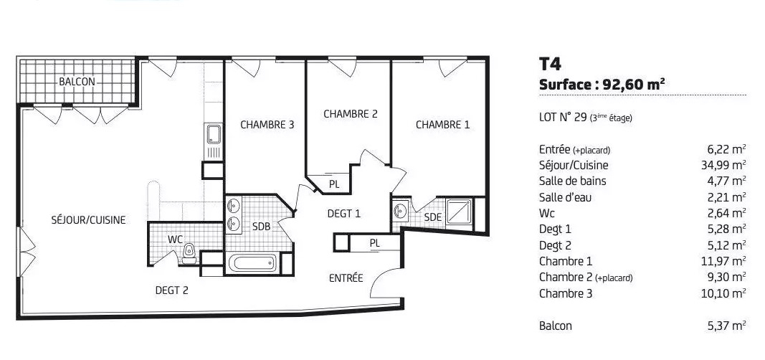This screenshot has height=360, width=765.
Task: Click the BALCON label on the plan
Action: [x=77, y=82]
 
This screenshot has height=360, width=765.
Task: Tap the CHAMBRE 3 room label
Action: [x=267, y=124]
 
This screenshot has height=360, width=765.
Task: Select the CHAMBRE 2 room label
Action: [x=351, y=113]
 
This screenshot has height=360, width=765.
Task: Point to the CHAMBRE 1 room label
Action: [x=442, y=124]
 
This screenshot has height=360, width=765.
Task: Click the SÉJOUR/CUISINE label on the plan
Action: [x=88, y=220]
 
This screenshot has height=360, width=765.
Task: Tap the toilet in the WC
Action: [x=189, y=252]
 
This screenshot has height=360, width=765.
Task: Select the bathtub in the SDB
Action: [x=252, y=263]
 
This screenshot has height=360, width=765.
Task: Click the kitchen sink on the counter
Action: [x=214, y=133]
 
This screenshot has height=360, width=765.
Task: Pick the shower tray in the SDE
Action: [x=459, y=212]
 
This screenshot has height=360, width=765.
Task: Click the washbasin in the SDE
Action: [x=401, y=211]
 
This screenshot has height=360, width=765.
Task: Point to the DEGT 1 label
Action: [x=343, y=213]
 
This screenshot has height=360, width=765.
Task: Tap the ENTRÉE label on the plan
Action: [x=346, y=278]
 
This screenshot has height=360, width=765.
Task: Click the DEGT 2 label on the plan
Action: [x=172, y=290]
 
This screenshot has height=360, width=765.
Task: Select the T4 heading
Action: [x=550, y=64]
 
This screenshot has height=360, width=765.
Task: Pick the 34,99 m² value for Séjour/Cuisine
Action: [x=723, y=165]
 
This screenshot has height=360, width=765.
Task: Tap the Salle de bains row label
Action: [x=572, y=181]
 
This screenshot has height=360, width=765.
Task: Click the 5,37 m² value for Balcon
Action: [x=726, y=326]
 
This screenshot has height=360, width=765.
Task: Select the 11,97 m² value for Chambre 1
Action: [x=723, y=262]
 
